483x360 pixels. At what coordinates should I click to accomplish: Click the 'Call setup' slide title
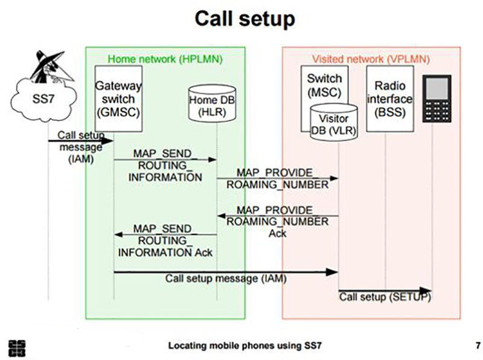pos(245,19)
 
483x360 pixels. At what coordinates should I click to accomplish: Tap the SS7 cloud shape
pos(43,99)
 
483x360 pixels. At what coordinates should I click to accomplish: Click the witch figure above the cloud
pos(51,67)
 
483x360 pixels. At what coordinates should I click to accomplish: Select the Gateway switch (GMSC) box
pos(118,98)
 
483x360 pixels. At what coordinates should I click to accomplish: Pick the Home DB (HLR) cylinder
pos(213,104)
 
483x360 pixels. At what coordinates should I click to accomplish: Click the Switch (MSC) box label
pos(324,85)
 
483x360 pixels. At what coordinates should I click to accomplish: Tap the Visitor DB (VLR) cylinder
pos(334,122)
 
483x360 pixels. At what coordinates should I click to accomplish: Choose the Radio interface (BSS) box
pos(390,98)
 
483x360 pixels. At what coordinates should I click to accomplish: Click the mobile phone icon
pos(437,98)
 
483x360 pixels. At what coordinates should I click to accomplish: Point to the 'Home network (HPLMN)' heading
pos(165,59)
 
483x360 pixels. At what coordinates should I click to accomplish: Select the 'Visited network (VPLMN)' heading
pos(371,59)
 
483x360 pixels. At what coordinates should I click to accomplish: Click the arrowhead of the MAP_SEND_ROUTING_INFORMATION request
pos(213,159)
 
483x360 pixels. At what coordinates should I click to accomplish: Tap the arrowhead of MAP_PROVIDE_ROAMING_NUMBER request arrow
pos(334,178)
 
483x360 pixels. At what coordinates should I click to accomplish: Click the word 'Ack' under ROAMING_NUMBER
pos(277,234)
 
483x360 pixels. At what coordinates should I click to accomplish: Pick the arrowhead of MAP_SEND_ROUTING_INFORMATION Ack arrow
pos(118,234)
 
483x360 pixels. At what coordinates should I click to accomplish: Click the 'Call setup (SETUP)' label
pos(385,297)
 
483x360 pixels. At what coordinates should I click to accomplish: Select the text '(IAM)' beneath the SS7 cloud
pos(81,159)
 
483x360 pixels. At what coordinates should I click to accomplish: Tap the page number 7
pos(478,346)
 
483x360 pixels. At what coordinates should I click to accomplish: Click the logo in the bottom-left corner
pos(18,349)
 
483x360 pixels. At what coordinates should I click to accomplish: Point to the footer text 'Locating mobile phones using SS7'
pos(245,346)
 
